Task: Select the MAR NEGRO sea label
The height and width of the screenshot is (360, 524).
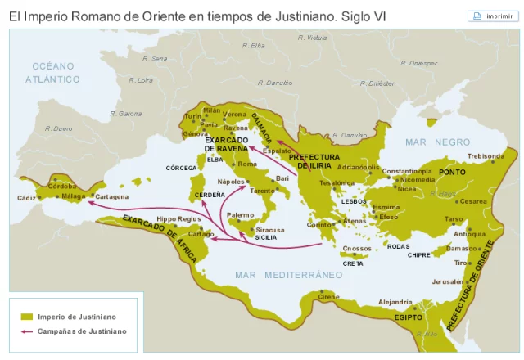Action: click(x=438, y=142)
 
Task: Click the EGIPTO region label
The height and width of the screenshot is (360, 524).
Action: click(x=408, y=317)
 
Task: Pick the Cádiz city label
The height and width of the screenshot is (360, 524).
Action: click(x=27, y=198)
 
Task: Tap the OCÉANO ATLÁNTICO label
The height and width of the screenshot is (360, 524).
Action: click(x=52, y=73)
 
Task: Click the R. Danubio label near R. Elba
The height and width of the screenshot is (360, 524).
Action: click(x=275, y=83)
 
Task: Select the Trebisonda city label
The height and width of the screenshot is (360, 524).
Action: click(x=486, y=155)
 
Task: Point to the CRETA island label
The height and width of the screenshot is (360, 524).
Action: click(x=353, y=263)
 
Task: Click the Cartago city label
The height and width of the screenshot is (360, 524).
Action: click(x=201, y=234)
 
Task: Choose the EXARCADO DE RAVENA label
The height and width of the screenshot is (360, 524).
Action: click(x=227, y=144)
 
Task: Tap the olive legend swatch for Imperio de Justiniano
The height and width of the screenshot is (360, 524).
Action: click(x=26, y=316)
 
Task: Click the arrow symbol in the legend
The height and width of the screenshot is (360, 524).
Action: click(x=26, y=331)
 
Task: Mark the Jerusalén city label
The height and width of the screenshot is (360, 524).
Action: click(x=447, y=281)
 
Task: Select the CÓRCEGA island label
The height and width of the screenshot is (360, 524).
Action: click(x=182, y=168)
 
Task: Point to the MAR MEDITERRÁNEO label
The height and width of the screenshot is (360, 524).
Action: click(x=289, y=274)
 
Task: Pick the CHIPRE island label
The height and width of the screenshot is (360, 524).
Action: click(x=419, y=255)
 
